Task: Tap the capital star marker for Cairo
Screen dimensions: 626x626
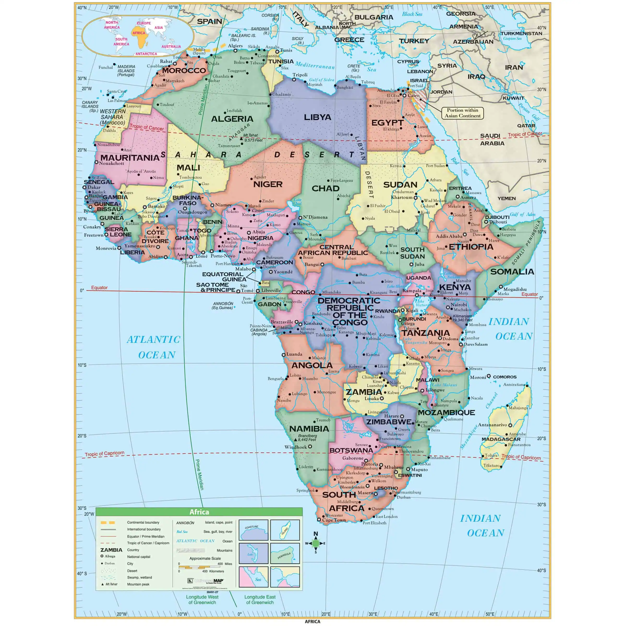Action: point(404,95)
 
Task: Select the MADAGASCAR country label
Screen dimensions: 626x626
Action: point(501,439)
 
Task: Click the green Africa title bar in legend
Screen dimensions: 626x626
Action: point(199,512)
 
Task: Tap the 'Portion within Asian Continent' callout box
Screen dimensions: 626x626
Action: point(462,113)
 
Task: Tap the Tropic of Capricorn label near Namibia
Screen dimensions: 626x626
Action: point(104,454)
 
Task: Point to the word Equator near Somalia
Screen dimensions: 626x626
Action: point(529,294)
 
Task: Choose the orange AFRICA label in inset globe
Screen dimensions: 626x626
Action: point(139,33)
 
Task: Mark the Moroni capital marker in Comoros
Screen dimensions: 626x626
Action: point(489,376)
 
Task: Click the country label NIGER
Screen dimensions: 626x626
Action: point(268,184)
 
